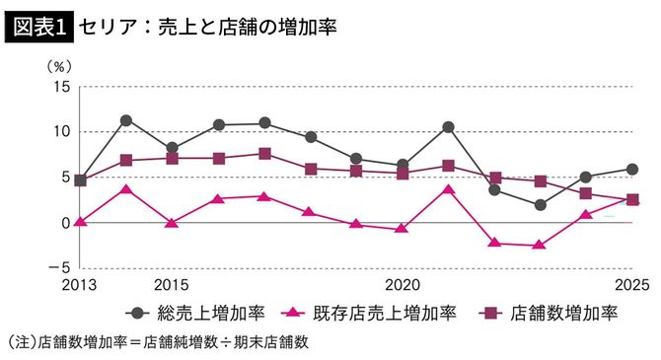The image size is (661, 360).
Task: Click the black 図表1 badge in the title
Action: (x=38, y=27)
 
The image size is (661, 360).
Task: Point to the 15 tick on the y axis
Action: (x=61, y=87)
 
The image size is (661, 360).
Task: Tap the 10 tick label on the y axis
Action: (x=61, y=132)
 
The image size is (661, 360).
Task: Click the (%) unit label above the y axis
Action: (x=60, y=66)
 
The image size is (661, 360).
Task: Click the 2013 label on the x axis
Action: (x=80, y=286)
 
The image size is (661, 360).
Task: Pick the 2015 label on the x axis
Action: (x=172, y=286)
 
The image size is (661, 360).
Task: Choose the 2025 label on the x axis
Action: (x=631, y=286)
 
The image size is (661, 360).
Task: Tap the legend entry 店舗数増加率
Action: (x=563, y=314)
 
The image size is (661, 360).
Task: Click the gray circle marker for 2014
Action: (x=126, y=120)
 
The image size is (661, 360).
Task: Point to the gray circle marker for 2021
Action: (x=448, y=127)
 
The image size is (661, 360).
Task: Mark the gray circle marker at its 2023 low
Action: (x=540, y=205)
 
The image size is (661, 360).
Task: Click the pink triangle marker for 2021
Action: (x=448, y=188)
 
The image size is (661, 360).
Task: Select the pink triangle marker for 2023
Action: (x=540, y=245)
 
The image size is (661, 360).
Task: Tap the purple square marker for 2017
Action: (x=264, y=154)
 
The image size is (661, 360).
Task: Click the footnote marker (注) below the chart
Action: (x=21, y=342)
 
